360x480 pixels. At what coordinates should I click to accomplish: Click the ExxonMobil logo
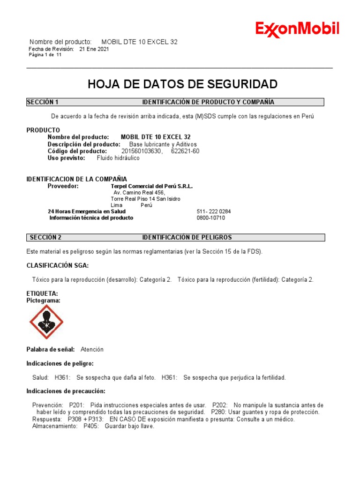297,29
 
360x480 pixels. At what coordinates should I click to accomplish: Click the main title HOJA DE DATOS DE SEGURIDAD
183,84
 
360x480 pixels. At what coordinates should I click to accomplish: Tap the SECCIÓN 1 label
43,102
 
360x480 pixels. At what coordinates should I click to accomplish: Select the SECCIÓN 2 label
45,238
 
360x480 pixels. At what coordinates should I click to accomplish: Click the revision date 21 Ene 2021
94,49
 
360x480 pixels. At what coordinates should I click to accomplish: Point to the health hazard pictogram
46,322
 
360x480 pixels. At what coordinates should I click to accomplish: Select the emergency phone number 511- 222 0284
214,211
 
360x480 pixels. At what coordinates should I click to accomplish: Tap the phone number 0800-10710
210,218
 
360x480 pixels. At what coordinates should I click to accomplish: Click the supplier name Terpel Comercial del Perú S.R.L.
151,186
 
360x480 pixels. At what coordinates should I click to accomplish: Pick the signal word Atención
92,350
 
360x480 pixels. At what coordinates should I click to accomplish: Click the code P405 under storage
91,427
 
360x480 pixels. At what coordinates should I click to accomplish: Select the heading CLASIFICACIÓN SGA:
57,266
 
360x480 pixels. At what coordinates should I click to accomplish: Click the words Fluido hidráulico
118,158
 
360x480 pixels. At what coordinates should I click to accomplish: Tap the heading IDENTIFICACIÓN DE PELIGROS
187,238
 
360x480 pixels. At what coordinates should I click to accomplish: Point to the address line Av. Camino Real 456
139,193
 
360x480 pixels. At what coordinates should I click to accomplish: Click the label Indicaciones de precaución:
66,391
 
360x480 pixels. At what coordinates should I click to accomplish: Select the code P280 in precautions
218,412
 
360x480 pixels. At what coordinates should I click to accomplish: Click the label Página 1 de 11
45,55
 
